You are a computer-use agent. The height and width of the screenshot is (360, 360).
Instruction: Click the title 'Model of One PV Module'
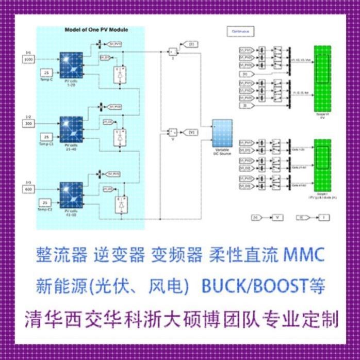[96, 30]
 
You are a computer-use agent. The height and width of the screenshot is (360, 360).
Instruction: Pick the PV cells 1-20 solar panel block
[70, 65]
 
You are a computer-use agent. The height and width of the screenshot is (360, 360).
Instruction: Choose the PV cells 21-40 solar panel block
[70, 129]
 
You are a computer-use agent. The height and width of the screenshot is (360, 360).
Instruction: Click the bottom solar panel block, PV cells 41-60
[70, 194]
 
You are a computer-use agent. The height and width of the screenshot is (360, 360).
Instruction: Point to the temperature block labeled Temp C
[46, 73]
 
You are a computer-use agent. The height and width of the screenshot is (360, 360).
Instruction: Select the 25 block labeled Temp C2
[46, 203]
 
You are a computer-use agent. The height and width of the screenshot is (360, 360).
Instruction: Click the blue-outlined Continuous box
[240, 31]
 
